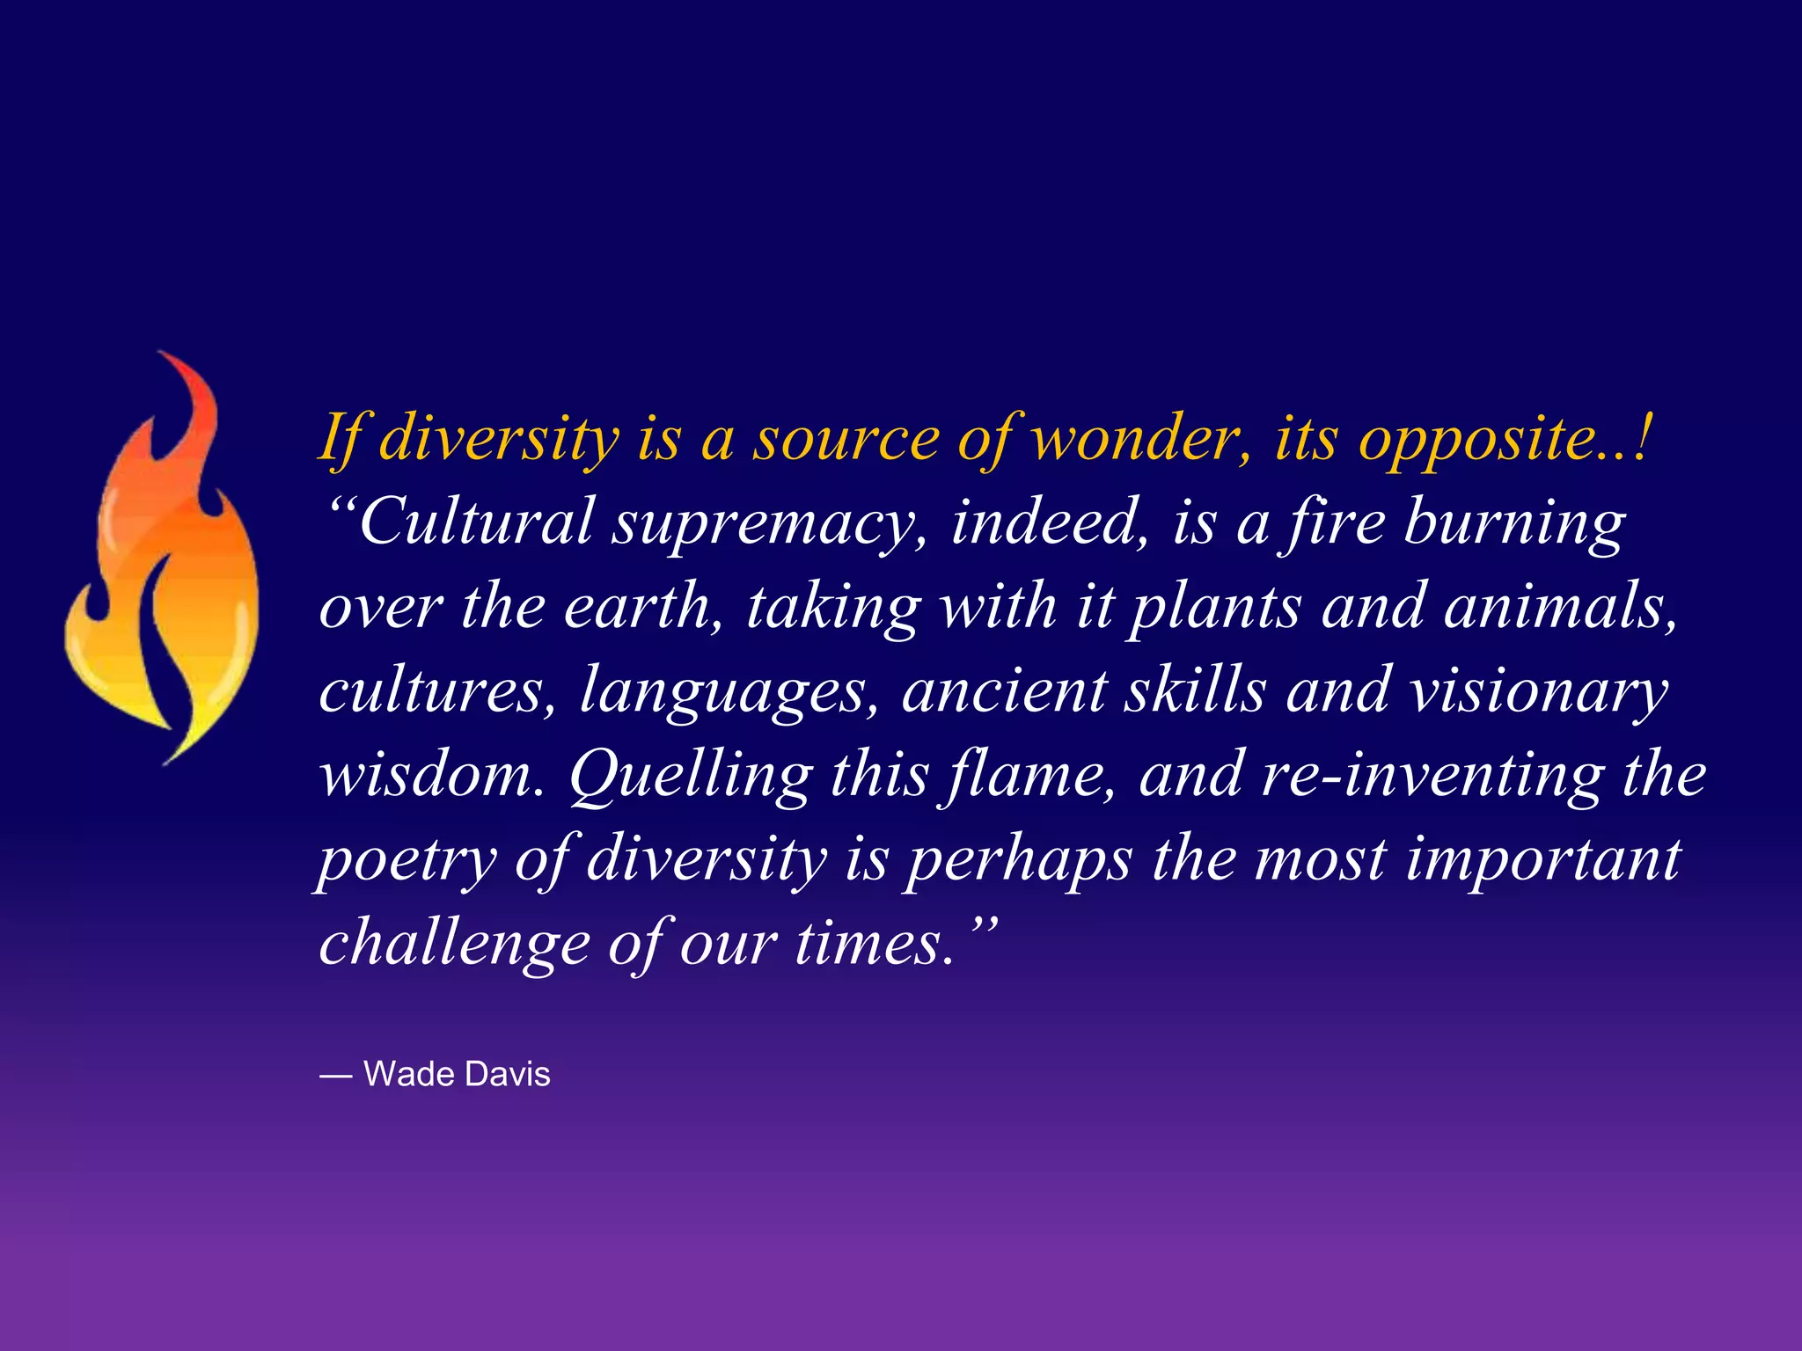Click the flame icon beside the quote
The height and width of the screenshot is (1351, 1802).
click(163, 563)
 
